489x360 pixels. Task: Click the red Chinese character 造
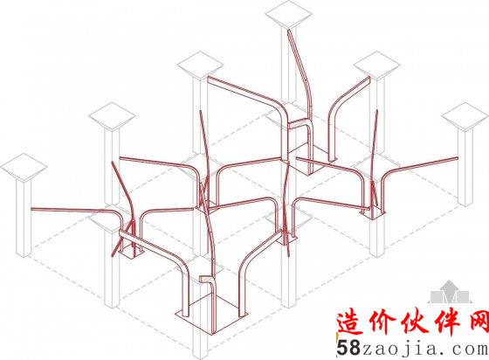(351, 322)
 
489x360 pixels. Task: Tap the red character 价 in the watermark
(382, 322)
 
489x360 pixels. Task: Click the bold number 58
(348, 348)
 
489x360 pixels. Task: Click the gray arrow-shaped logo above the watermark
(449, 292)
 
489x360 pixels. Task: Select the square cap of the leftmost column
(24, 168)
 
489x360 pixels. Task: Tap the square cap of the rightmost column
(465, 117)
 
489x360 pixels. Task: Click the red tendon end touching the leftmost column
(31, 209)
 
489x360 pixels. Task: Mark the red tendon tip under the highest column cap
(289, 31)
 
